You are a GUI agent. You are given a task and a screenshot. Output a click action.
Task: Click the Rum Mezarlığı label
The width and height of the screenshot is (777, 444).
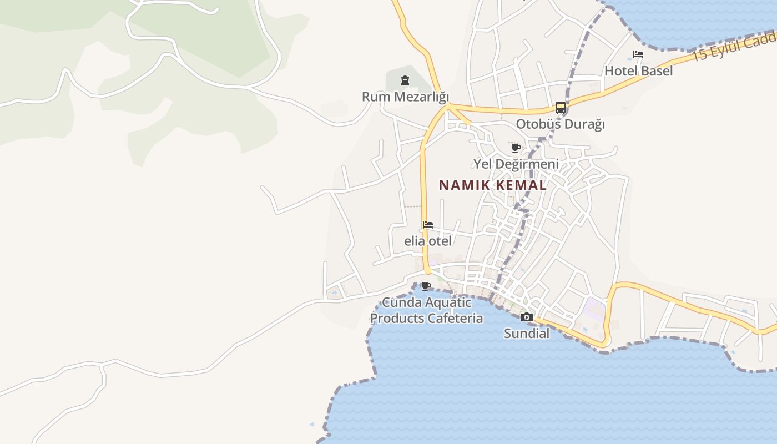405,97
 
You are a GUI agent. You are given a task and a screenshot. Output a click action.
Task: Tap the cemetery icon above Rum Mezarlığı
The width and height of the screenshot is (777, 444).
405,81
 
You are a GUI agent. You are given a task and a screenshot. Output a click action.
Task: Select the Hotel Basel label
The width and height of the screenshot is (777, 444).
638,70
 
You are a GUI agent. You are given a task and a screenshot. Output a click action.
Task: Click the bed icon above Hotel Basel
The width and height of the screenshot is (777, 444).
638,54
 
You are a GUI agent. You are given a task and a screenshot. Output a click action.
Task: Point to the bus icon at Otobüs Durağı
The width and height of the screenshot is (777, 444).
561,108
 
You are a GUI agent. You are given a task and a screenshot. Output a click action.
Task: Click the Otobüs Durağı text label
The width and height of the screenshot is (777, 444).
561,124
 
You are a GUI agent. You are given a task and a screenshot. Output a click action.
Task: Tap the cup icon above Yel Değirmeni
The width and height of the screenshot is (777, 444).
516,148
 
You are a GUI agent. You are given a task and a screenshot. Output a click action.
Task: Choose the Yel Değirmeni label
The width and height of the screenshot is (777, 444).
516,164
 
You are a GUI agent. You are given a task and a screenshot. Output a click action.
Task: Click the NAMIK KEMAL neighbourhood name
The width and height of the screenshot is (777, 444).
493,185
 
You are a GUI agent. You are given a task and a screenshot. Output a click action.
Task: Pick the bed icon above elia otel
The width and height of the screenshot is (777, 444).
427,225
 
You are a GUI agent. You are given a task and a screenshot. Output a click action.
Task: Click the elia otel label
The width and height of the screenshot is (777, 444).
427,241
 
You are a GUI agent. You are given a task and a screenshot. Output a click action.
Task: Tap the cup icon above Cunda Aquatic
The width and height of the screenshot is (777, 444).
426,286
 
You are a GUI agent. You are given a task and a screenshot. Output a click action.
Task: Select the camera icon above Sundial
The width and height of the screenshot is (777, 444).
527,317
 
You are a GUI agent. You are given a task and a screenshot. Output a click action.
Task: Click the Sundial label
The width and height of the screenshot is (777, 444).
527,334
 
